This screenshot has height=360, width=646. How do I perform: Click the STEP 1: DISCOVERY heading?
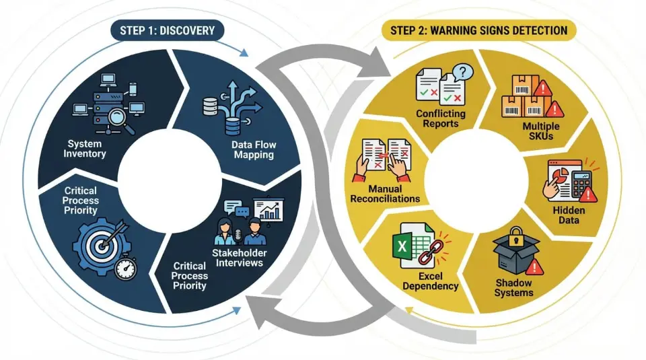pyautogui.click(x=168, y=30)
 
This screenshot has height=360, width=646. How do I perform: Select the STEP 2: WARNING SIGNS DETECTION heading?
pyautogui.click(x=475, y=30)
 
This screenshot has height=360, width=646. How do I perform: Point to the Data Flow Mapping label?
pyautogui.click(x=254, y=149)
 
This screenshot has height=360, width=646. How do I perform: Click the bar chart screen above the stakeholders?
pyautogui.click(x=268, y=210)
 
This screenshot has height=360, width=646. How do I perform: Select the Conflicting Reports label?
pyautogui.click(x=437, y=118)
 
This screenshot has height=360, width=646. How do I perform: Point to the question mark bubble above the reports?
pyautogui.click(x=462, y=72)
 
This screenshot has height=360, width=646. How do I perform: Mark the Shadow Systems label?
pyautogui.click(x=514, y=287)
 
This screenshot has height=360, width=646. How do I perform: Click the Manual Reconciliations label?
pyautogui.click(x=385, y=194)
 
